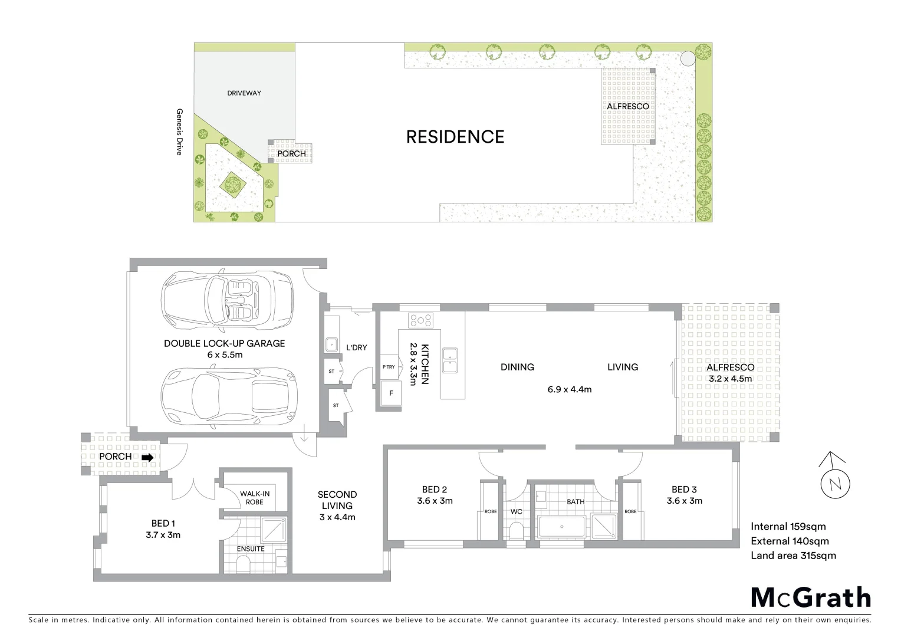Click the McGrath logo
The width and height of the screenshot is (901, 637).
click(x=810, y=597)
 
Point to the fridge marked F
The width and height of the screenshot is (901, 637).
click(x=390, y=393)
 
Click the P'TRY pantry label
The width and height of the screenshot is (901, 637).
click(x=389, y=367)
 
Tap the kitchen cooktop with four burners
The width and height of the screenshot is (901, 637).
click(x=421, y=320)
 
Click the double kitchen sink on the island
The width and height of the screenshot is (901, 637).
click(x=451, y=361)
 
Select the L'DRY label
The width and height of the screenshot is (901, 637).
click(x=356, y=347)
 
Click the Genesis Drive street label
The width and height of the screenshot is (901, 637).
click(x=179, y=132)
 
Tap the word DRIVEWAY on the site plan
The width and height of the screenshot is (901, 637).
click(x=244, y=93)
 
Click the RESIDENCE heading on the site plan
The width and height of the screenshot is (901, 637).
click(x=455, y=137)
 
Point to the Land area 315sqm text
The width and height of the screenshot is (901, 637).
click(x=793, y=555)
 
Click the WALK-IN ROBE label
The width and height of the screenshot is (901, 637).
click(x=251, y=498)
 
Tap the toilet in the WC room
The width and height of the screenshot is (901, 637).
click(x=516, y=532)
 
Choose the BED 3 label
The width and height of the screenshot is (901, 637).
click(x=684, y=489)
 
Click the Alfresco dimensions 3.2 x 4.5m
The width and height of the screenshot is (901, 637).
click(x=730, y=378)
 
